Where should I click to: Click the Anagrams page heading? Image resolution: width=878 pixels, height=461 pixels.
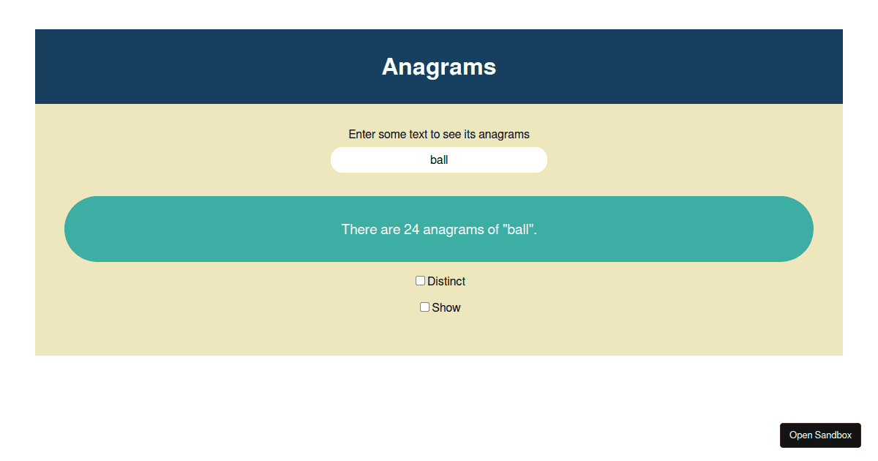pos(439,67)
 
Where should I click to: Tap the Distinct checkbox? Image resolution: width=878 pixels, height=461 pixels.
pos(420,281)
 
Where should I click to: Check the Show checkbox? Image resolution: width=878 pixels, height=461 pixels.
pos(424,307)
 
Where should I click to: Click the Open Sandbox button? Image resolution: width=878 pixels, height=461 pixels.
pos(820,435)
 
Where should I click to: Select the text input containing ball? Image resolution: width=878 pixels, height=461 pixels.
pos(439,160)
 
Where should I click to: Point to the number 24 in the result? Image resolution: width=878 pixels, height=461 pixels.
pos(411,230)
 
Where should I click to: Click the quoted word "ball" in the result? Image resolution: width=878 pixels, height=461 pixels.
pos(519,230)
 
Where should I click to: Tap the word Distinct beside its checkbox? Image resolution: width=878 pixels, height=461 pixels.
pos(446,282)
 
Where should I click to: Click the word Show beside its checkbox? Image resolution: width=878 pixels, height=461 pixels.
pos(446,308)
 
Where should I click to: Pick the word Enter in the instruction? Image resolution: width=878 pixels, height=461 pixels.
pos(362,135)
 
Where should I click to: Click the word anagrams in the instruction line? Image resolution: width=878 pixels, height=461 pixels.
pos(504,135)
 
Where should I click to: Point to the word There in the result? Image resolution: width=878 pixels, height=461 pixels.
pos(359,230)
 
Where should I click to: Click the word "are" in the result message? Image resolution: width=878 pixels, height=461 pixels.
pos(390,230)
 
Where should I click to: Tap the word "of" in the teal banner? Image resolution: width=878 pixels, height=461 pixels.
pos(493,230)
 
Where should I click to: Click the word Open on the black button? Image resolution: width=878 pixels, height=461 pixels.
pos(800,435)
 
